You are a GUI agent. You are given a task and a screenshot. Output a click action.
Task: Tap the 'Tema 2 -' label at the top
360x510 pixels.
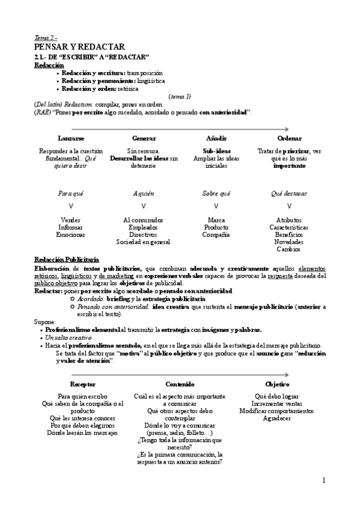click(46, 37)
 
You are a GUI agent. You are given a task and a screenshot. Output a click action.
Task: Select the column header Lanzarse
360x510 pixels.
click(71, 138)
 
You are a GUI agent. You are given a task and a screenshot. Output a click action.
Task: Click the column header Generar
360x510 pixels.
click(144, 138)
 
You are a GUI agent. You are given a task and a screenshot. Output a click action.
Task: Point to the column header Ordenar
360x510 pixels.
click(289, 138)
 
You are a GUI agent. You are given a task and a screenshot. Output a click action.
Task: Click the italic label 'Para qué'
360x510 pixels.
click(71, 194)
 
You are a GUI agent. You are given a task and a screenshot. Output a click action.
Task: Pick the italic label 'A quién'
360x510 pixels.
click(143, 194)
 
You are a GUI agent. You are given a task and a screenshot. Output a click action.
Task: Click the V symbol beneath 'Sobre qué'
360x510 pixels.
click(216, 206)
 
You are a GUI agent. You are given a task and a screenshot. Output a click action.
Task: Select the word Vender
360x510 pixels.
click(71, 220)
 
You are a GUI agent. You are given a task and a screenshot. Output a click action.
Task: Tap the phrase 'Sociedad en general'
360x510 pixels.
click(143, 242)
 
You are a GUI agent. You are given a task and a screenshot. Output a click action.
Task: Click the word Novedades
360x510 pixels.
click(289, 242)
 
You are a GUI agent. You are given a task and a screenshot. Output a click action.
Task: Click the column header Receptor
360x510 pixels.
click(82, 384)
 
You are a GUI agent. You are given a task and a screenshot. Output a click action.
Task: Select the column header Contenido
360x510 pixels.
click(180, 384)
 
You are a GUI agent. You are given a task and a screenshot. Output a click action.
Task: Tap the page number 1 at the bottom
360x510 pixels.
click(323, 480)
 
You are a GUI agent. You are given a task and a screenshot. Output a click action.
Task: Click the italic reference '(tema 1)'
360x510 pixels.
click(180, 96)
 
